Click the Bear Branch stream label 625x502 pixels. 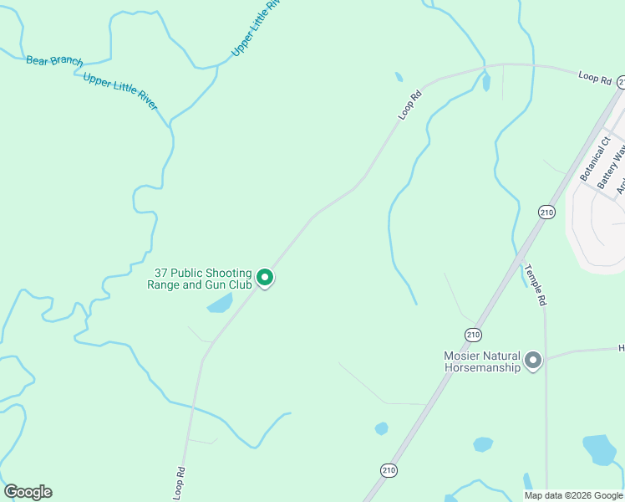click(x=54, y=61)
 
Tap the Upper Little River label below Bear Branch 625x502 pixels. click(x=119, y=90)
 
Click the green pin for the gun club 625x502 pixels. click(x=265, y=277)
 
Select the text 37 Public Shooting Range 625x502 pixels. click(x=203, y=273)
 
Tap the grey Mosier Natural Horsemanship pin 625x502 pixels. click(x=533, y=361)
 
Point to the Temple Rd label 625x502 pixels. click(x=535, y=284)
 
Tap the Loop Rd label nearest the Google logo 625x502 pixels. click(x=179, y=484)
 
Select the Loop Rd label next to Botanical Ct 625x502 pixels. click(x=594, y=77)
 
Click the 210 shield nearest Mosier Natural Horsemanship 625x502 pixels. click(x=474, y=335)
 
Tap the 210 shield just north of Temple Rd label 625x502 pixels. click(x=546, y=212)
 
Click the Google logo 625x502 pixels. click(x=28, y=492)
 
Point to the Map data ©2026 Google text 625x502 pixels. click(x=573, y=495)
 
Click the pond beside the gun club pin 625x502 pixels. click(x=220, y=303)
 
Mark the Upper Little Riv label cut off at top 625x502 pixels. click(x=256, y=29)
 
